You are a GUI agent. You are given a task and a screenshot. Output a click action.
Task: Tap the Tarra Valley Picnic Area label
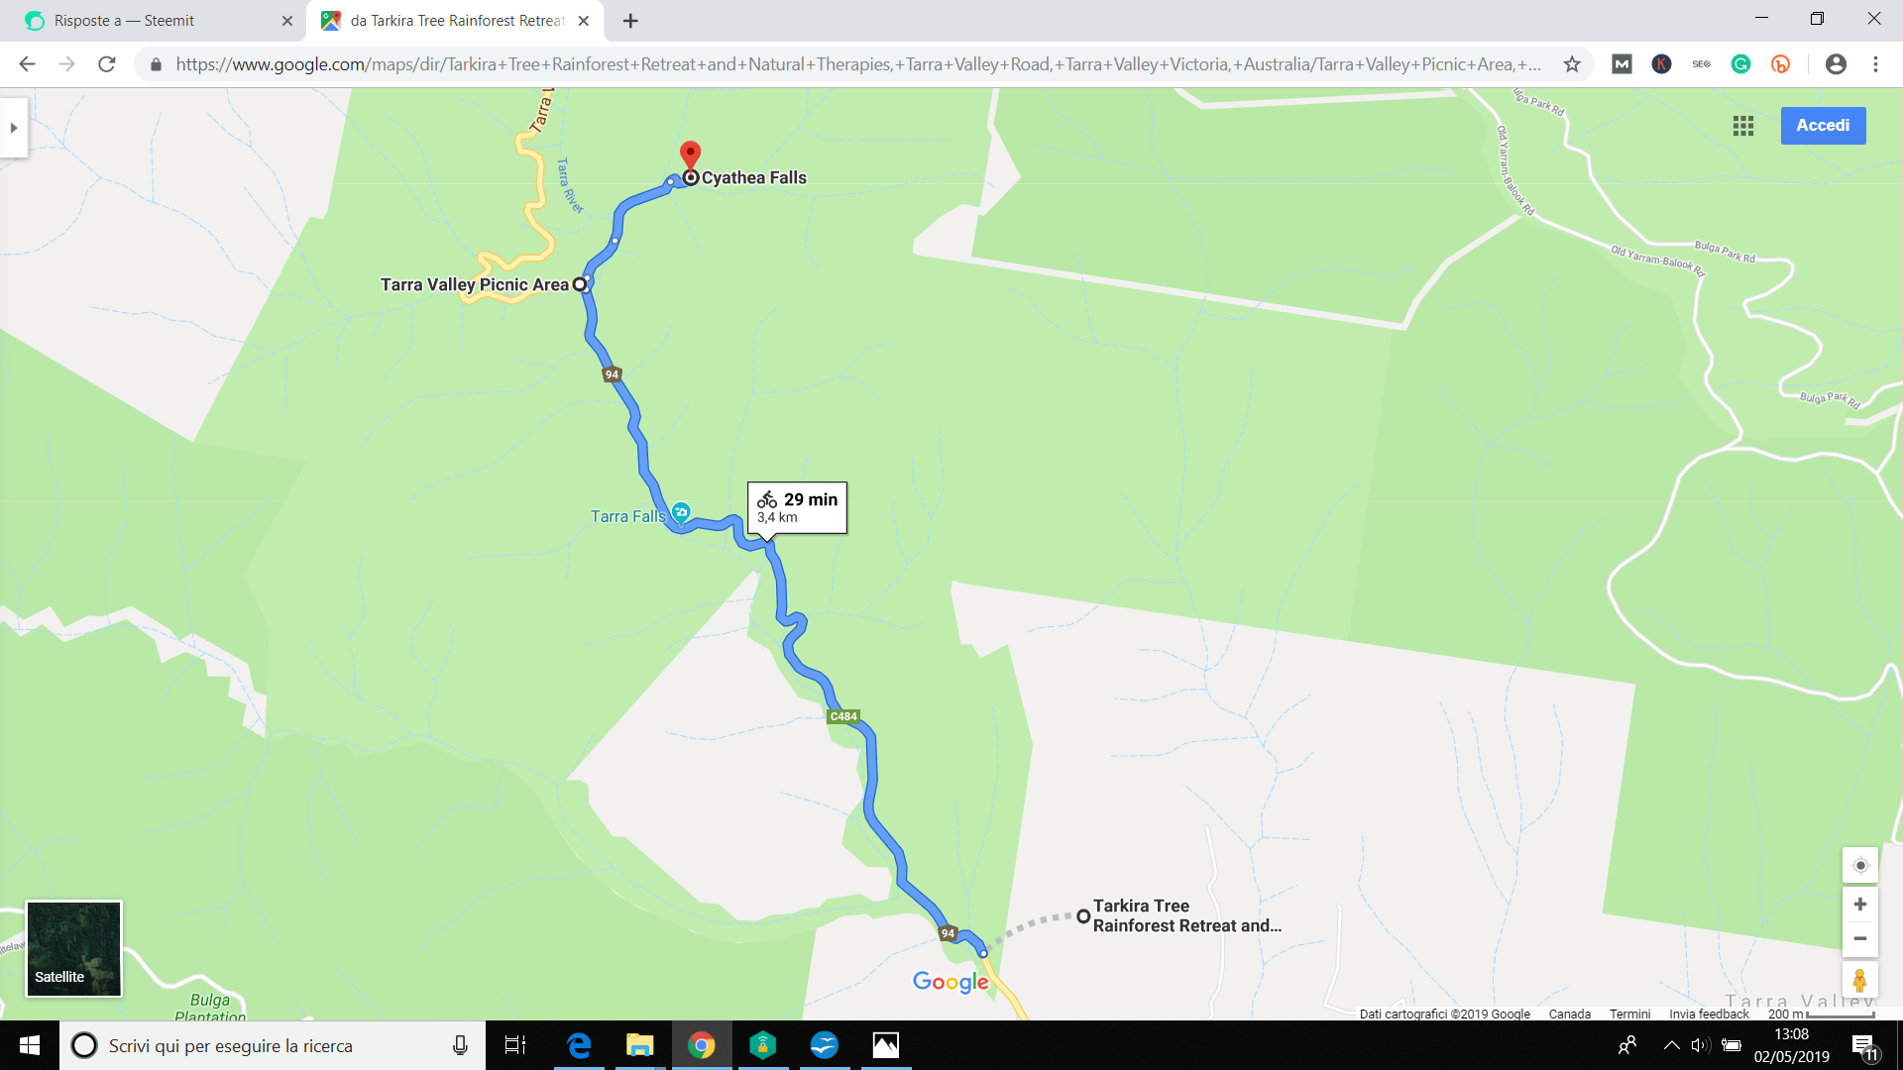coord(475,285)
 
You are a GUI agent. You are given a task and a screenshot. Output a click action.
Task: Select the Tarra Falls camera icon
coord(681,512)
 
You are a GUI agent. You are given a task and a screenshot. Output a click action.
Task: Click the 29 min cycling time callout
coord(797,507)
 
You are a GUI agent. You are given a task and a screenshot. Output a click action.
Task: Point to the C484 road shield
coord(843,716)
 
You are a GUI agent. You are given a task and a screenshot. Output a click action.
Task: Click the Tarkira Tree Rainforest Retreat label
coord(1186,916)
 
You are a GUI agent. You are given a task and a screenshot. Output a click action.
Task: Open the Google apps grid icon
coord(1743,126)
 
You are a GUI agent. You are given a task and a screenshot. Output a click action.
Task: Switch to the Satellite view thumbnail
coord(73,948)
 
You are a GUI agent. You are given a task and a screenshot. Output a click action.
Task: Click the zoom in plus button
coord(1859,905)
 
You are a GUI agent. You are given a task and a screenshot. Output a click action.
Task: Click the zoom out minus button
coord(1859,939)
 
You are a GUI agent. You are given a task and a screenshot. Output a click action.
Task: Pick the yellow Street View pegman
coord(1859,981)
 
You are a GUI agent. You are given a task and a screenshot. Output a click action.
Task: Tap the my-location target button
coord(1859,866)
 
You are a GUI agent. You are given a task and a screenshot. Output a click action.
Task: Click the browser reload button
coord(107,64)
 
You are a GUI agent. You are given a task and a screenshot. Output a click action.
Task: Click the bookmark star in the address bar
coord(1572,64)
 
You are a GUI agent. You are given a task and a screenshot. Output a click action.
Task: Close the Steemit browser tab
coord(287,21)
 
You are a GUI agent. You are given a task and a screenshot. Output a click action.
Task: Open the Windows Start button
coord(30,1045)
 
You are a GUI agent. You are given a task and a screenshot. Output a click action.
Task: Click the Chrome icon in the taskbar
coord(702,1045)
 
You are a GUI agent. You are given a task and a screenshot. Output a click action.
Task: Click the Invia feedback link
coord(1709,1014)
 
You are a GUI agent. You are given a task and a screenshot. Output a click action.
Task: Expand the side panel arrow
coord(14,128)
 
